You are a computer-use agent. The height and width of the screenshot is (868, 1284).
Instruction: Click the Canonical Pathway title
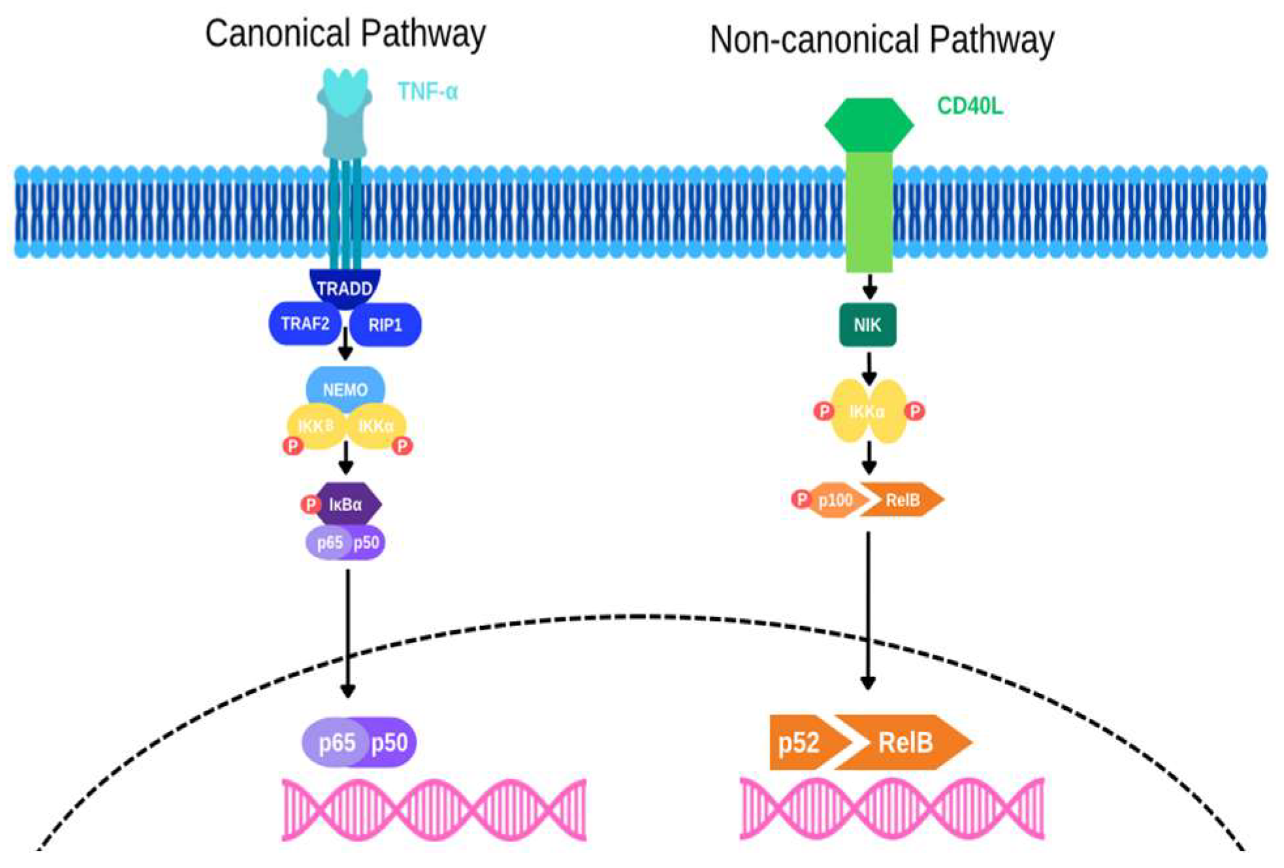tap(345, 34)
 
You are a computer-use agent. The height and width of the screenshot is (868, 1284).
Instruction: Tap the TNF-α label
tap(428, 92)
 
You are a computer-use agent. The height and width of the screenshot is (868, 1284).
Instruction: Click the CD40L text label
tap(969, 106)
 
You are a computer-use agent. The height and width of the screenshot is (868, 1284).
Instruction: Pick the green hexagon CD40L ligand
tap(869, 124)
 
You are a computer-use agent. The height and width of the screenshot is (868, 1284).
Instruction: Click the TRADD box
tap(344, 288)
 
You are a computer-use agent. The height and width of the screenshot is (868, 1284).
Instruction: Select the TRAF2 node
tap(305, 324)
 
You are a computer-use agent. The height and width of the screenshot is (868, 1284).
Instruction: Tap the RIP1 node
tap(385, 325)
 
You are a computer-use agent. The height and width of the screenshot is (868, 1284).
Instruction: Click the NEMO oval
tap(345, 389)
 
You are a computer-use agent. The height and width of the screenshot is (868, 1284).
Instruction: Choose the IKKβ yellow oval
tap(316, 426)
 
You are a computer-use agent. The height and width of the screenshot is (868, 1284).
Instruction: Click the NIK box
tap(867, 325)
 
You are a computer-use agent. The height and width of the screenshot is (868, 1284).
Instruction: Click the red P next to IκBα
tap(310, 504)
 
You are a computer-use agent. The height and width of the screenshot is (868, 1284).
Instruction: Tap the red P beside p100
tap(801, 499)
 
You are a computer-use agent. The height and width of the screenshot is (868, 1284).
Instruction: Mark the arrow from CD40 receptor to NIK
tap(869, 286)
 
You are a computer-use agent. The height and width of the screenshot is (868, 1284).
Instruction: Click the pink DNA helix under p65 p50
tap(434, 809)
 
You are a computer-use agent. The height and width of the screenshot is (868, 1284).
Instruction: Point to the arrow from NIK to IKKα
tap(869, 369)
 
